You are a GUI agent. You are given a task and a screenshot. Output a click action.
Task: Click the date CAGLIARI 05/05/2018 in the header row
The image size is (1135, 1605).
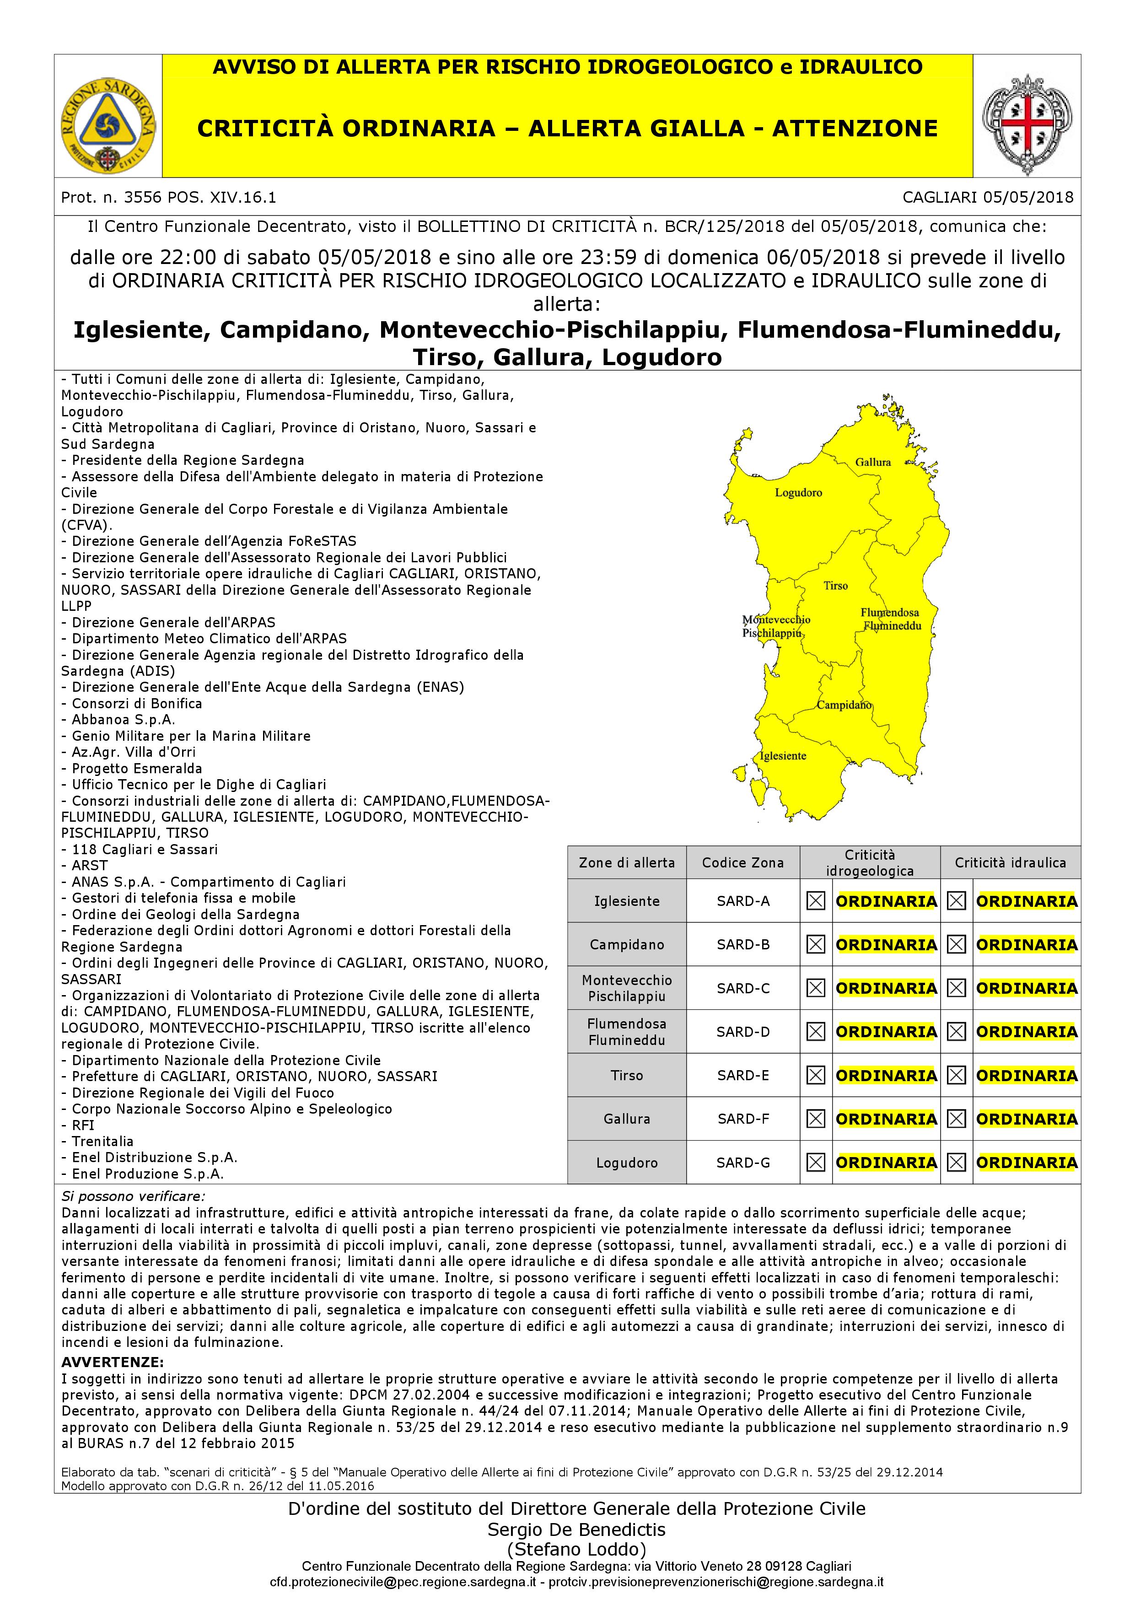click(987, 197)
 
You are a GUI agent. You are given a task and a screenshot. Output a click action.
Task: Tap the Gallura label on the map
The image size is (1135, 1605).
click(873, 462)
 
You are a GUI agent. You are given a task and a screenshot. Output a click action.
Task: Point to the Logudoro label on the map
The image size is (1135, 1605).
click(798, 493)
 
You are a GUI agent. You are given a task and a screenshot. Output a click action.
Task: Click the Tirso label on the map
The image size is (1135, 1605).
click(835, 586)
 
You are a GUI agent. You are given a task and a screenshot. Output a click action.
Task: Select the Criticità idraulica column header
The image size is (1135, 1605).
click(1010, 862)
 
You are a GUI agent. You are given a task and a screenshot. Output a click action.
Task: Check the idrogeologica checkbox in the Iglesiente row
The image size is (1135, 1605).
click(816, 901)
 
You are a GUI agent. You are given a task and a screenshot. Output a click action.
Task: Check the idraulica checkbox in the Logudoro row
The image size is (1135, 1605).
click(956, 1163)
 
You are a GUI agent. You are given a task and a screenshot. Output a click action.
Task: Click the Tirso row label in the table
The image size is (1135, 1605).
click(626, 1075)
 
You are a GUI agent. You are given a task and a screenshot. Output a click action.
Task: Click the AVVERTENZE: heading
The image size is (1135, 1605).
click(113, 1363)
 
